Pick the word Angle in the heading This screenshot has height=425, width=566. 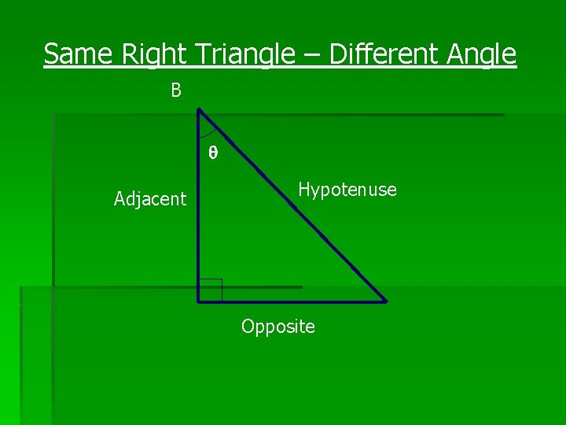click(x=482, y=54)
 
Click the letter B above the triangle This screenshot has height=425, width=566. click(x=176, y=91)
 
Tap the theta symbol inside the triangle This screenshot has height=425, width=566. click(x=212, y=153)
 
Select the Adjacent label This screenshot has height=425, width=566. click(x=150, y=199)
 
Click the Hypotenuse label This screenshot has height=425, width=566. click(x=347, y=190)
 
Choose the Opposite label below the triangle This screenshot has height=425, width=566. click(x=278, y=327)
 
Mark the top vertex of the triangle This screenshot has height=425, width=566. click(x=199, y=109)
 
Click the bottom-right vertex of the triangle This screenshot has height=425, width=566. click(x=385, y=301)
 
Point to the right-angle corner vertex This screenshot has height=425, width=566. click(x=199, y=301)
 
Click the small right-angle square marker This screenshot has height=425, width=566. click(x=211, y=290)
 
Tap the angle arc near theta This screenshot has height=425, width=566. click(x=211, y=134)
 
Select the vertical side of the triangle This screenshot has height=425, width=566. click(x=199, y=220)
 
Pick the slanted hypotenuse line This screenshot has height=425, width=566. click(x=292, y=205)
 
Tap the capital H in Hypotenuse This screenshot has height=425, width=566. click(x=303, y=190)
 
